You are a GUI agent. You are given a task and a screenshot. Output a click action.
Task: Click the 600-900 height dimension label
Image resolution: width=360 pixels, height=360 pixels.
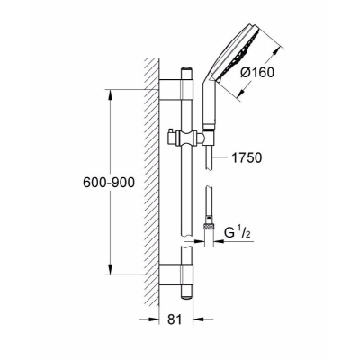(109, 182)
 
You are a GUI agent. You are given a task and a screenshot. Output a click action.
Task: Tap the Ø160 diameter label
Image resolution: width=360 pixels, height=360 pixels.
(257, 72)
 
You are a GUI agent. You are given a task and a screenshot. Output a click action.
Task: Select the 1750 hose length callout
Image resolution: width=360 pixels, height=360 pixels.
(247, 157)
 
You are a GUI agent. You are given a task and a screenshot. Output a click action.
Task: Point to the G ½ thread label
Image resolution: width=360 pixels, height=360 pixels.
(238, 233)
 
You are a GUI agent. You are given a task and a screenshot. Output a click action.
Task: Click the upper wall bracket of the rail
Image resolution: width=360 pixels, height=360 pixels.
(176, 89)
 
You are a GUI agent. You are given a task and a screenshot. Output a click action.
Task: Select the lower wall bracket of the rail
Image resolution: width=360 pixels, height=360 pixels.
(176, 274)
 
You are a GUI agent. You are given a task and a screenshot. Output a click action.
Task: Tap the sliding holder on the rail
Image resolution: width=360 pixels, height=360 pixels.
(187, 139)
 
